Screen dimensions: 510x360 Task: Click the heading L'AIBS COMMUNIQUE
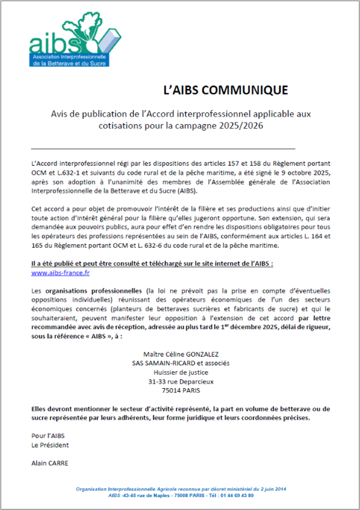(x=225, y=90)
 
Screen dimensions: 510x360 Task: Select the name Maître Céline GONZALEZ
(x=181, y=354)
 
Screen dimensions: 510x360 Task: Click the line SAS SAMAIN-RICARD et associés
(x=181, y=363)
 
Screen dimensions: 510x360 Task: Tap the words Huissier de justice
(x=181, y=372)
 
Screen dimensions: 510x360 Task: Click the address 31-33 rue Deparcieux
(x=181, y=381)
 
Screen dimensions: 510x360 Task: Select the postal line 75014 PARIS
(x=181, y=390)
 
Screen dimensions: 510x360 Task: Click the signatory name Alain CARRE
(x=49, y=463)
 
